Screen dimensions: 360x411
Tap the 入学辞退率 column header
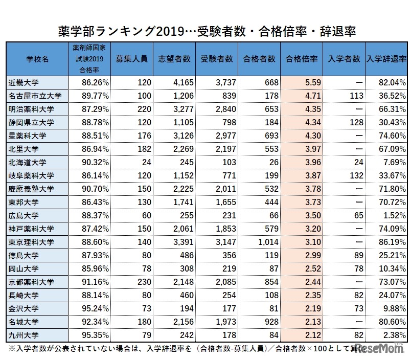(x=386, y=59)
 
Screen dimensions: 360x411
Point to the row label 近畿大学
(x=24, y=82)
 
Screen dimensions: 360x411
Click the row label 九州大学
(x=24, y=335)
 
